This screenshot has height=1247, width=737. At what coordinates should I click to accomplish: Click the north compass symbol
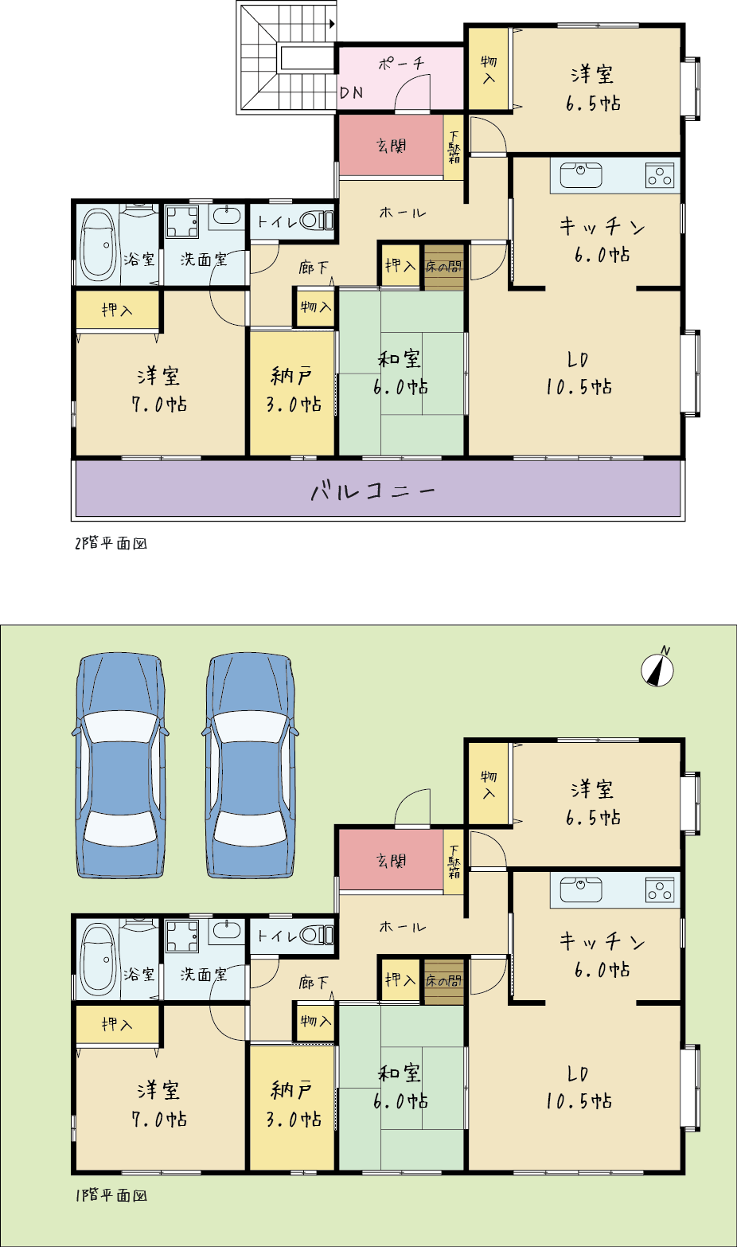click(x=657, y=668)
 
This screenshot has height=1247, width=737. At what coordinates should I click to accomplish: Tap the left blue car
click(x=120, y=765)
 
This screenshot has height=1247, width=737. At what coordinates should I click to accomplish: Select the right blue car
click(x=250, y=765)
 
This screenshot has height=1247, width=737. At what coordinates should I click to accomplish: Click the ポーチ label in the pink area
click(x=401, y=63)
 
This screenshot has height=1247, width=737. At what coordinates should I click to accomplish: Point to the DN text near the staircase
click(x=352, y=92)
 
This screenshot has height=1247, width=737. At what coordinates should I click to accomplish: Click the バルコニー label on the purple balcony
click(x=372, y=491)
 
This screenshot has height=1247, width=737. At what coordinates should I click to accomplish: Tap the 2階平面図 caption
click(x=111, y=543)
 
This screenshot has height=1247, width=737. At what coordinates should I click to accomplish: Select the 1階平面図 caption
click(x=111, y=1195)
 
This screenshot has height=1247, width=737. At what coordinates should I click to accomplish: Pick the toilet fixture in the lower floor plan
click(x=317, y=935)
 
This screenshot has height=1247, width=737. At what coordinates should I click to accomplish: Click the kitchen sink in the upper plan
click(x=581, y=175)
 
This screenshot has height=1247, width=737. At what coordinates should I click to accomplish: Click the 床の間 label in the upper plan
click(x=444, y=267)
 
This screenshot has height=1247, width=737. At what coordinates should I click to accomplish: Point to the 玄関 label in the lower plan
click(x=392, y=861)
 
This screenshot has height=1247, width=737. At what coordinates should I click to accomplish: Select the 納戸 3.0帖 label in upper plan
click(x=293, y=389)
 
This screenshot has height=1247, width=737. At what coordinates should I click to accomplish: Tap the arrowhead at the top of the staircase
click(x=332, y=24)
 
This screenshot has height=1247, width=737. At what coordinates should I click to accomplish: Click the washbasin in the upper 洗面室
click(x=226, y=216)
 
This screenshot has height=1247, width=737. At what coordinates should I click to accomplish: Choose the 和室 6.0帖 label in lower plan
click(x=400, y=1087)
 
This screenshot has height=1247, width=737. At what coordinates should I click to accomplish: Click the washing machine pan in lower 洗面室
click(x=182, y=936)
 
